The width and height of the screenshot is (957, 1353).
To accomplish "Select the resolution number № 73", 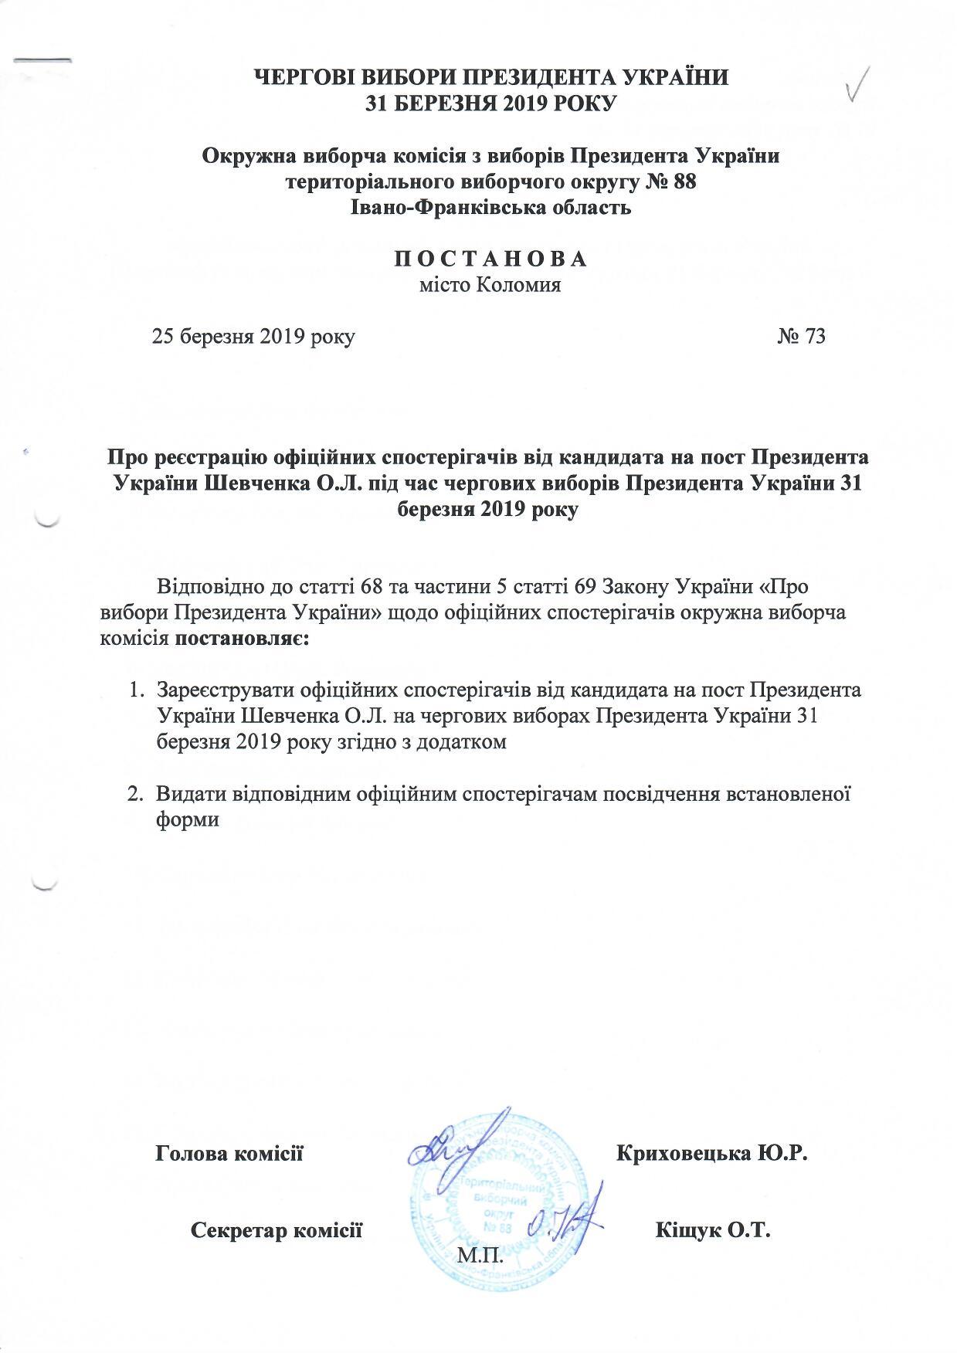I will [802, 337].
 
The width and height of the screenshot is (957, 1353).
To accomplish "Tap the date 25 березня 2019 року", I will [253, 337].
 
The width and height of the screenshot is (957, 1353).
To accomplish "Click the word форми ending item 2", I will [188, 819].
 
